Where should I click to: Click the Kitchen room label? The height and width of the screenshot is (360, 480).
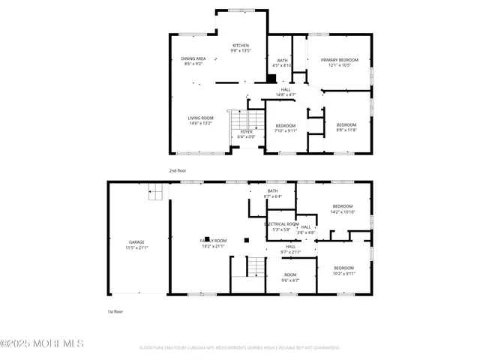(241, 45)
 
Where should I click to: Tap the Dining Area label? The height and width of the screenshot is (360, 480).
(193, 59)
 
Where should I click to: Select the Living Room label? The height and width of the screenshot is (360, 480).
(201, 118)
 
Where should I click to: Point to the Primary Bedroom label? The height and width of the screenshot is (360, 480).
(339, 59)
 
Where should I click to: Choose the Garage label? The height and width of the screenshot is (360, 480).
(136, 242)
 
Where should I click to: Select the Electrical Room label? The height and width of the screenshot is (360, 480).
(282, 224)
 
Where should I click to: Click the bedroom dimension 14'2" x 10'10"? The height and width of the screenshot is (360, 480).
(343, 212)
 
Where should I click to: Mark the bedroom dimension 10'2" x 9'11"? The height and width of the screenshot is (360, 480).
(343, 274)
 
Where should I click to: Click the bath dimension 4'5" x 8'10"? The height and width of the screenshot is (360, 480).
(283, 66)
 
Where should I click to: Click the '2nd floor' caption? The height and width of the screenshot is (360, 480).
(177, 170)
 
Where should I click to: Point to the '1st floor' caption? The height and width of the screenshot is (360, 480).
(115, 310)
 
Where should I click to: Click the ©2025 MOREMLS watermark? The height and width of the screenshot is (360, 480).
(42, 343)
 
